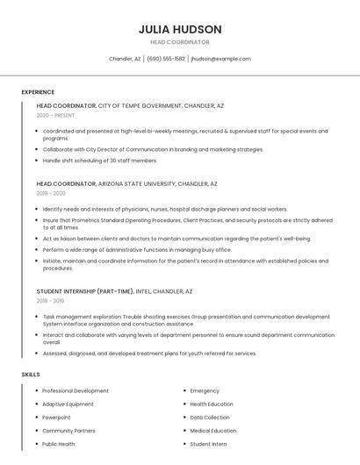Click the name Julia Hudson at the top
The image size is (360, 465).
(x=179, y=29)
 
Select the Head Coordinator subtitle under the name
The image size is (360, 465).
(x=179, y=42)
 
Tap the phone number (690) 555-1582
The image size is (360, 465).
(x=165, y=59)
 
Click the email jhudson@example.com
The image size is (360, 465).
(x=220, y=59)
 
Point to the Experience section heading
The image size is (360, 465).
(x=38, y=92)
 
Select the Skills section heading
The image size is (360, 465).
(x=31, y=375)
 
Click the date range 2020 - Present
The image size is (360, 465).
(x=55, y=115)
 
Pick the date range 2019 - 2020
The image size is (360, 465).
(x=51, y=193)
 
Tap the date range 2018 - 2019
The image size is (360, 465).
(x=50, y=300)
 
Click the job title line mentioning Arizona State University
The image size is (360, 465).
(x=126, y=184)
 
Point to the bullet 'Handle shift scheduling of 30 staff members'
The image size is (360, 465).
(x=100, y=161)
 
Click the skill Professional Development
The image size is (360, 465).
(x=76, y=390)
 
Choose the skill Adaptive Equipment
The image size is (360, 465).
(x=68, y=404)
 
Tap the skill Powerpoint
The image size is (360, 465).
(x=56, y=418)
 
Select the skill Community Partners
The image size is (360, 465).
(x=68, y=431)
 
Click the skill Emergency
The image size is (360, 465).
(x=205, y=390)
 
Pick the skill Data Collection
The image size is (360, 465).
(x=210, y=418)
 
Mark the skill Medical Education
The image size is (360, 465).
(x=213, y=431)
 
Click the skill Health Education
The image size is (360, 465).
(x=212, y=404)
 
